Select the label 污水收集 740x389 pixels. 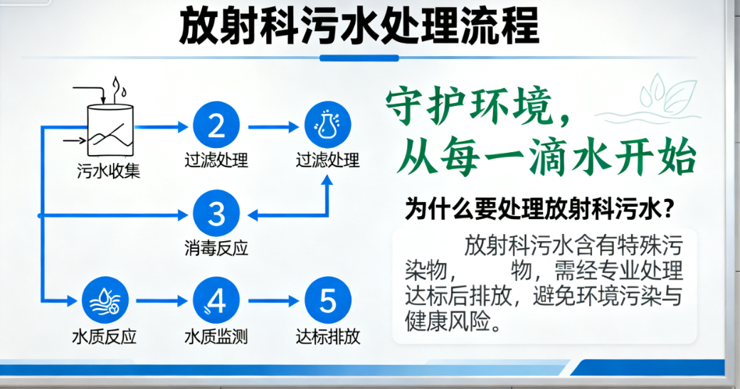click(x=109, y=171)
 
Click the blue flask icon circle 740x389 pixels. click(x=327, y=126)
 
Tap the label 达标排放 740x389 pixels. click(x=328, y=337)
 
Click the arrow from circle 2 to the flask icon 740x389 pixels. click(x=271, y=127)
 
